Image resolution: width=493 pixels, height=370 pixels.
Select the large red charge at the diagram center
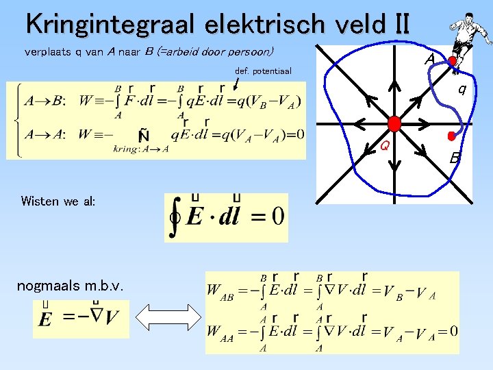pyautogui.click(x=394, y=123)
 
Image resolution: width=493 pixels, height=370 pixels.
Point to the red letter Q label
pyautogui.click(x=385, y=145)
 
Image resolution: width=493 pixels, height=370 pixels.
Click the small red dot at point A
pyautogui.click(x=452, y=61)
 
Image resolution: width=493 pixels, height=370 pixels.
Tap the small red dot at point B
pyautogui.click(x=451, y=136)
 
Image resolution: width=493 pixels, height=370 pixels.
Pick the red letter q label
pyautogui.click(x=463, y=88)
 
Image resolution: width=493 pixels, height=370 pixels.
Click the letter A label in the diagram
pyautogui.click(x=429, y=60)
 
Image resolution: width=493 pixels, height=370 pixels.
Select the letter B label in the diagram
pyautogui.click(x=454, y=158)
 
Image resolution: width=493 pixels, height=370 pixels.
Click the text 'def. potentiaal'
pyautogui.click(x=263, y=71)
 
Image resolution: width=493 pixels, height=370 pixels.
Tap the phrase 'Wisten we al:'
pyautogui.click(x=58, y=201)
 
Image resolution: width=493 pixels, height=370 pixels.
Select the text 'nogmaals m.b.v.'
pyautogui.click(x=70, y=285)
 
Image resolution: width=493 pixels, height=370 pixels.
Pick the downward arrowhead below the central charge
pyautogui.click(x=394, y=163)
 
